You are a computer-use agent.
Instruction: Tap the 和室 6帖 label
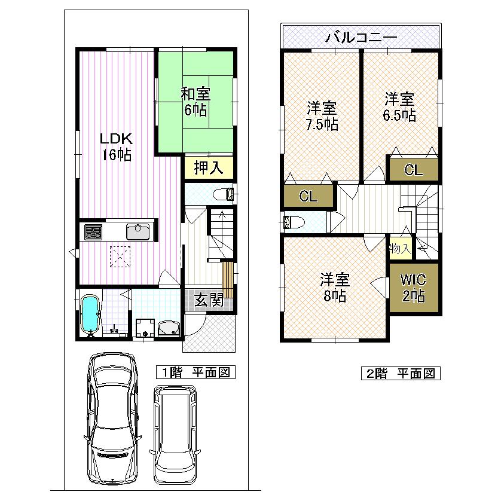(x=195, y=102)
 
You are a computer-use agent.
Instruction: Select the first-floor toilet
(x=224, y=194)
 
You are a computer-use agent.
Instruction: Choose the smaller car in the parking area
(x=175, y=434)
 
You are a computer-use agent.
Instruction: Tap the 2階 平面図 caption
(x=400, y=374)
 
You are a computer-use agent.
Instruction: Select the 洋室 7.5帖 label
(x=322, y=117)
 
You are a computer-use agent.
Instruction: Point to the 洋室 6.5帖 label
(x=399, y=107)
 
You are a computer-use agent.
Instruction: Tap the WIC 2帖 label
(x=413, y=288)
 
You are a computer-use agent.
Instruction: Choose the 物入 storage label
(x=399, y=248)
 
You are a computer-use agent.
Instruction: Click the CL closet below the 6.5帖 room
(x=413, y=170)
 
